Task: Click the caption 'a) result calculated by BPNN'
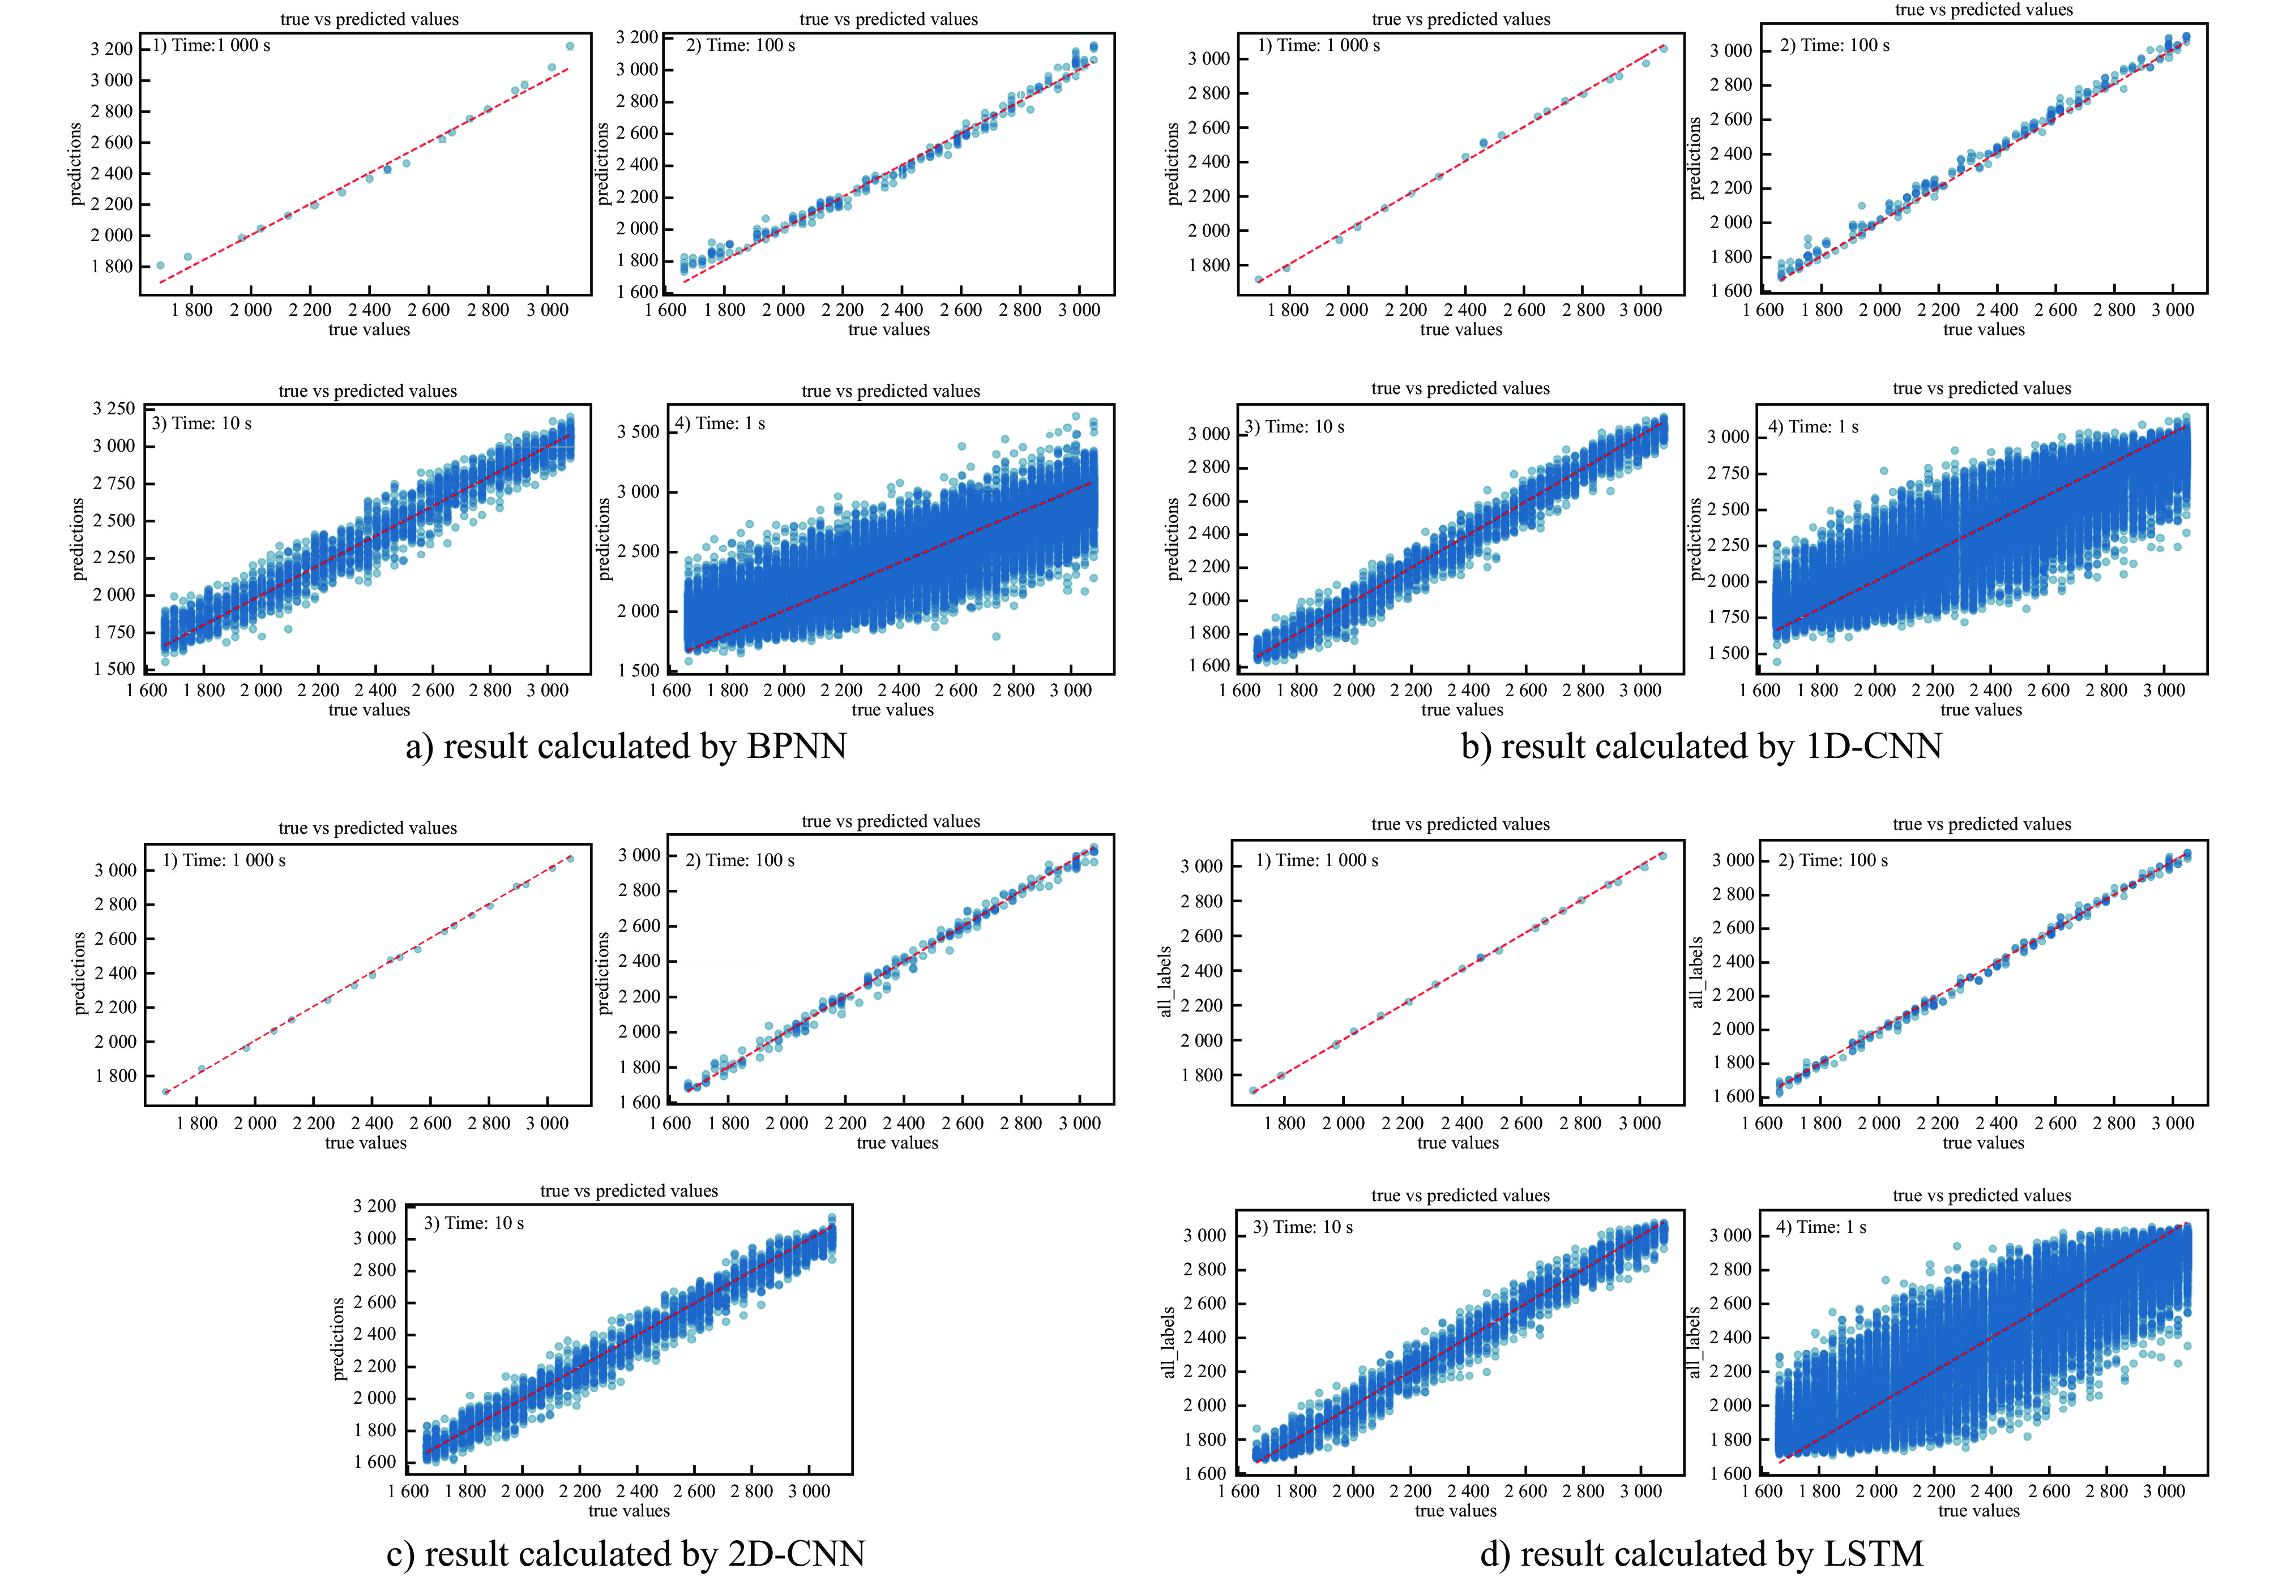point(626,746)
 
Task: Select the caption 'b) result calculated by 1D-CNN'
point(1701,746)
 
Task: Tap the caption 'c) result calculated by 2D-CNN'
point(626,1553)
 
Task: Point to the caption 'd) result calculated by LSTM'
point(1701,1553)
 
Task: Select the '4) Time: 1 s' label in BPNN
point(720,424)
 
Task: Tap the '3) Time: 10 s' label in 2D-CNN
point(475,1223)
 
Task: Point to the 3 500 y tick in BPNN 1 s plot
point(638,432)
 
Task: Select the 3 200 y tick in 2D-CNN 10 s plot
point(374,1206)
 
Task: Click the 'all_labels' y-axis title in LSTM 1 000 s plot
point(1165,981)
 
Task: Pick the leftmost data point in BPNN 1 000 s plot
point(160,265)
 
